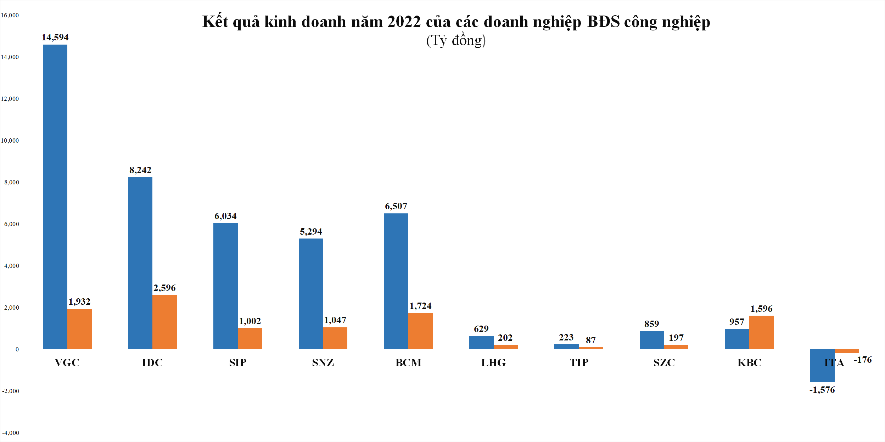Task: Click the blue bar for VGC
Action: [55, 197]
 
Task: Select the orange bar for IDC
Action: [164, 322]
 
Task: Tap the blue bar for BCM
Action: [396, 281]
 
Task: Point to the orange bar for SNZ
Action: [335, 338]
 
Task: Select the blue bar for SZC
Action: [652, 340]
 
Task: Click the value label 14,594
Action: [55, 37]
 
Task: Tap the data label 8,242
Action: [140, 170]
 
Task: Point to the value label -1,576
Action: [822, 390]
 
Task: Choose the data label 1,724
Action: [420, 306]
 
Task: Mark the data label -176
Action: [863, 360]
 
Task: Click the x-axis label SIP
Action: [237, 363]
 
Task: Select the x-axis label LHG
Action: [493, 363]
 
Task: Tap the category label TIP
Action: [579, 363]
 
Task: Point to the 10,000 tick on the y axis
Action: [10, 140]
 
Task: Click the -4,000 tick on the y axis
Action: [11, 433]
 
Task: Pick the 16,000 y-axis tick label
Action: [10, 15]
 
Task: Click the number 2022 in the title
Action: [404, 22]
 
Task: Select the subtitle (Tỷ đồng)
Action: [456, 40]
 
